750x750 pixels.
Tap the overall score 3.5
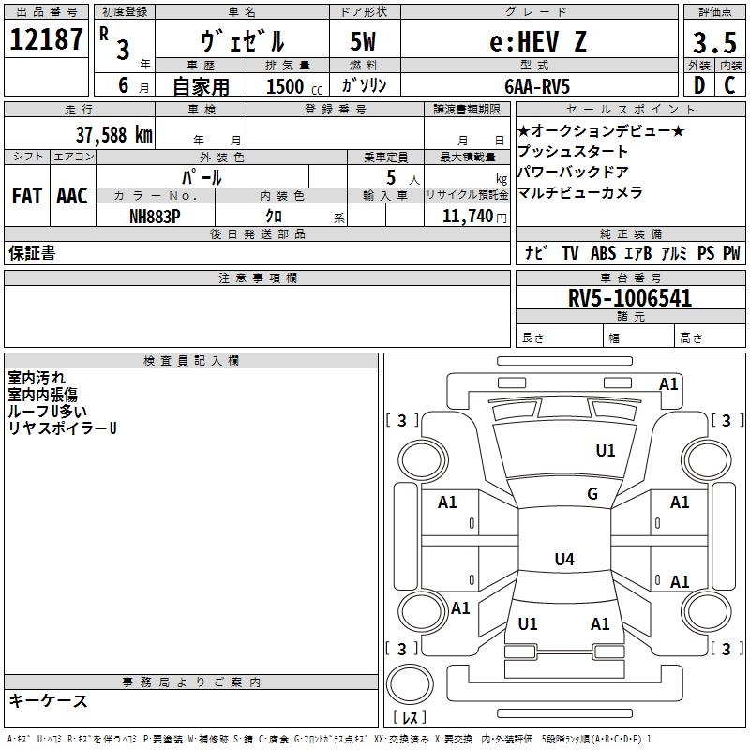click(x=713, y=43)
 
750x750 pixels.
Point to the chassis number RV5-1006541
click(x=630, y=299)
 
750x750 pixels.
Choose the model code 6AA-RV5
click(x=538, y=85)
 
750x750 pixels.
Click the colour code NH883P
click(x=157, y=215)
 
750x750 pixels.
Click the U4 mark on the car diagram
click(x=563, y=560)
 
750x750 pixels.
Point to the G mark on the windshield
click(x=592, y=494)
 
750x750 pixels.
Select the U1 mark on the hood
click(x=606, y=451)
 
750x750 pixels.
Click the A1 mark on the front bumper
click(x=668, y=383)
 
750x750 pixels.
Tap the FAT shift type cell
click(x=27, y=196)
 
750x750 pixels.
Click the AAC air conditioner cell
click(x=72, y=196)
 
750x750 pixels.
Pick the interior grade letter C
click(x=730, y=85)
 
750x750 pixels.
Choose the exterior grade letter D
click(x=698, y=85)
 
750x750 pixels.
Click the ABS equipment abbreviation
click(x=603, y=253)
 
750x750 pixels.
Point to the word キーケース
click(x=48, y=700)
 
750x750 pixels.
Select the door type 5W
click(x=365, y=41)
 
